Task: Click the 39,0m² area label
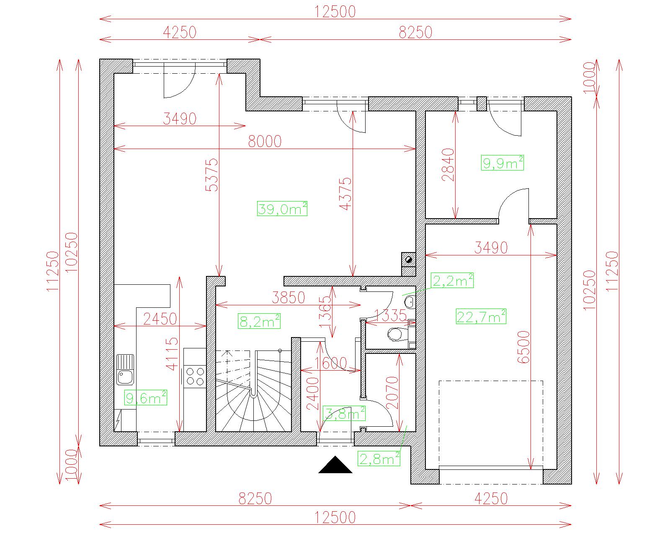282,209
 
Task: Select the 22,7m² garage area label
481,317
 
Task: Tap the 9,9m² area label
502,162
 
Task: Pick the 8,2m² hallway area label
259,321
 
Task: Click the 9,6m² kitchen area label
146,398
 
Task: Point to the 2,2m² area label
452,280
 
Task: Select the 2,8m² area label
379,459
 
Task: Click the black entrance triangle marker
335,465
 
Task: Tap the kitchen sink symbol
125,370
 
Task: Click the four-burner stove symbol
195,376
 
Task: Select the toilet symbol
397,334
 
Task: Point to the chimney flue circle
409,259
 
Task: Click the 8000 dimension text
265,142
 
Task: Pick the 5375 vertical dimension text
212,175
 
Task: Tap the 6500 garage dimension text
523,347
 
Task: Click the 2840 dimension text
448,165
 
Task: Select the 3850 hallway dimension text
288,298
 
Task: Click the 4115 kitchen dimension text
172,354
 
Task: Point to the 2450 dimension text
160,319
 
